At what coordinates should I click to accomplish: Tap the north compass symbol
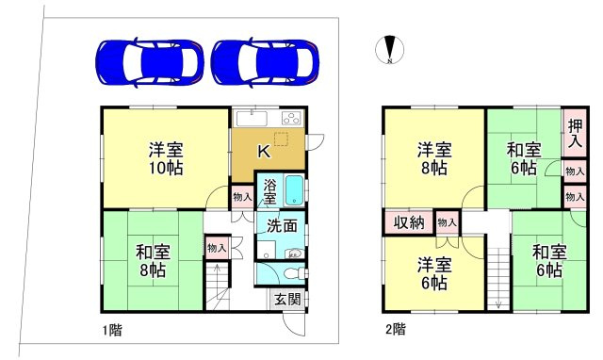pyautogui.click(x=388, y=49)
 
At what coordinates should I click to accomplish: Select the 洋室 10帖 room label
pyautogui.click(x=165, y=158)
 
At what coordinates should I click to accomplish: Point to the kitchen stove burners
pyautogui.click(x=290, y=118)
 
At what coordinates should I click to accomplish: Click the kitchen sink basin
pyautogui.click(x=252, y=119)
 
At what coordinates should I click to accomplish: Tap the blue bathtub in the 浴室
pyautogui.click(x=293, y=190)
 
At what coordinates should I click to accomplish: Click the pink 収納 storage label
pyautogui.click(x=408, y=222)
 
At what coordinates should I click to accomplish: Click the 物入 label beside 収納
pyautogui.click(x=448, y=222)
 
